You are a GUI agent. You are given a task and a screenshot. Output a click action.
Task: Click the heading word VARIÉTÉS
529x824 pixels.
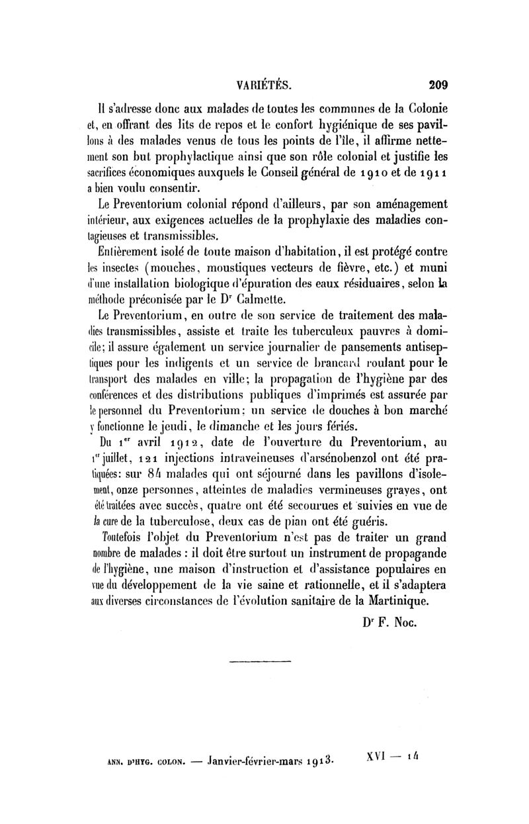pos(264,85)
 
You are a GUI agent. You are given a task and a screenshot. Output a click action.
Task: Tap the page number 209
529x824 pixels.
pos(438,85)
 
